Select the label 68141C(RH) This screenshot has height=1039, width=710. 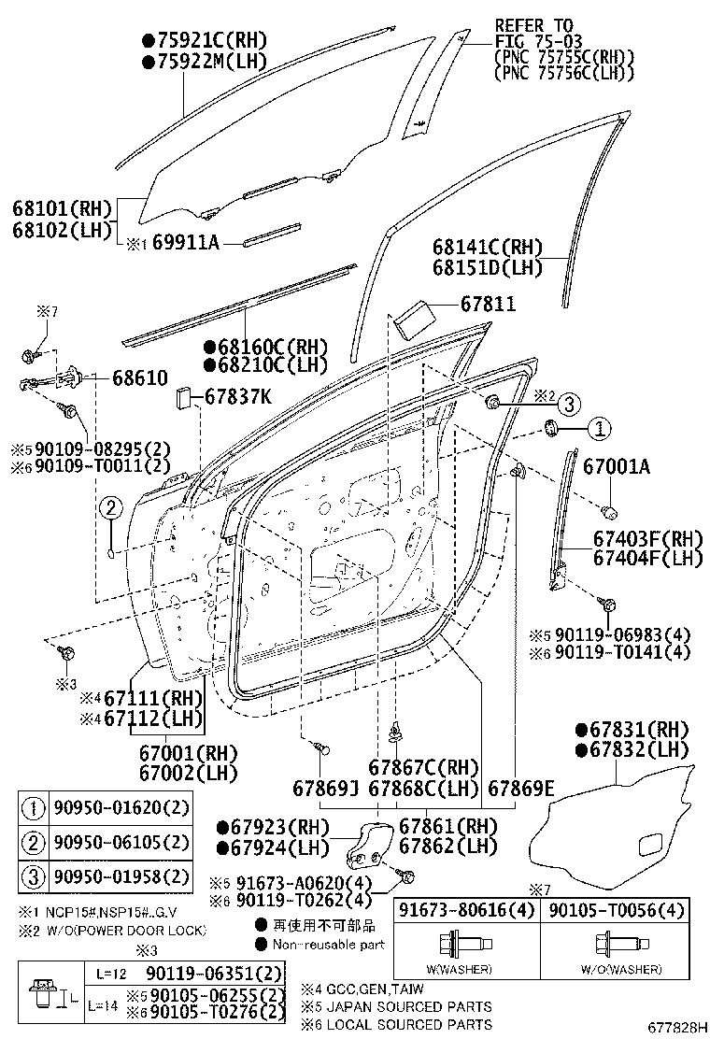click(x=487, y=247)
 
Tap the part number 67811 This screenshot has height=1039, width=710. click(x=488, y=305)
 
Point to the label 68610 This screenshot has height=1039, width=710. click(x=139, y=378)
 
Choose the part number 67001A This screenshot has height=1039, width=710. click(x=617, y=466)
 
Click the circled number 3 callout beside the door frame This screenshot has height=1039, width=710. click(x=570, y=404)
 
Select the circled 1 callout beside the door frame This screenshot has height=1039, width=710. click(x=598, y=429)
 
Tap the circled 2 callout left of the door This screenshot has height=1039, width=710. click(x=110, y=508)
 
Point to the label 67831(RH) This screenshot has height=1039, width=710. click(x=639, y=730)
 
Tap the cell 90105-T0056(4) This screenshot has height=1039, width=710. click(x=616, y=911)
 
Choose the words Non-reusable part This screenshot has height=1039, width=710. click(x=329, y=945)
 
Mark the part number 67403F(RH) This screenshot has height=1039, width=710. click(x=647, y=539)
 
